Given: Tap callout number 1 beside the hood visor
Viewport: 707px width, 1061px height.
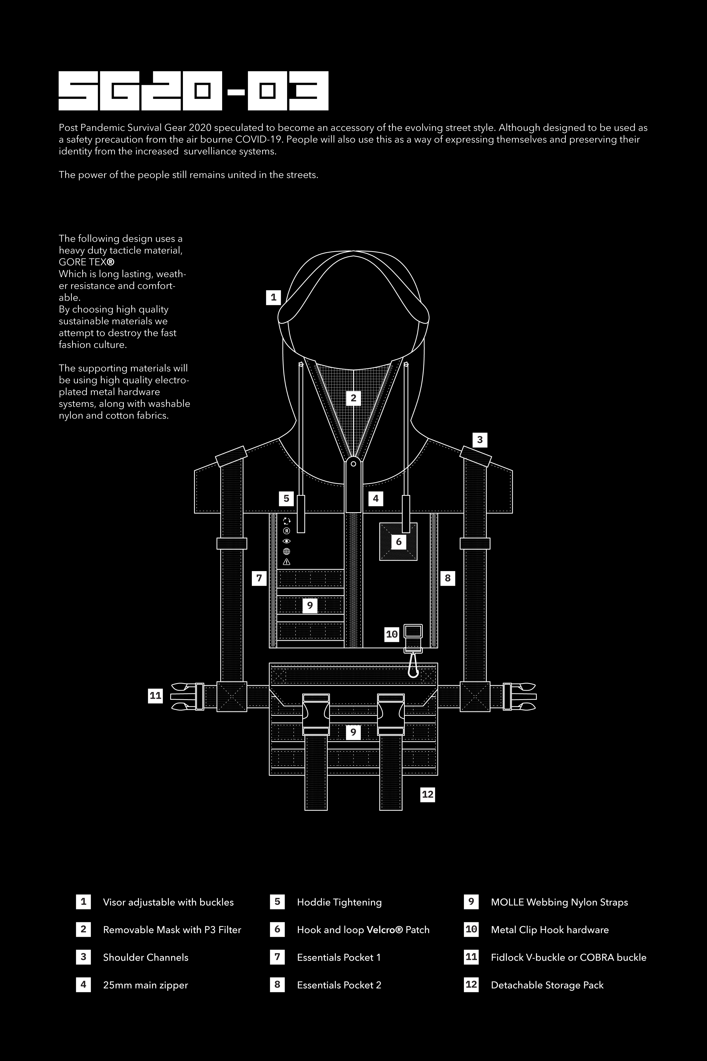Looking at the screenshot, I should click(x=273, y=297).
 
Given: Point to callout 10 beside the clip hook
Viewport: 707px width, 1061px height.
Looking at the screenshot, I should click(x=392, y=634).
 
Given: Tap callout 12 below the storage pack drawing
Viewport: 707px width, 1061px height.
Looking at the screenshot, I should click(x=427, y=794).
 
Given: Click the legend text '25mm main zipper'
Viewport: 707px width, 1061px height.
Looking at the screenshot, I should click(x=145, y=985).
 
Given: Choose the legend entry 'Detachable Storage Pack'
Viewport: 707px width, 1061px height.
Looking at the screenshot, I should click(x=547, y=985).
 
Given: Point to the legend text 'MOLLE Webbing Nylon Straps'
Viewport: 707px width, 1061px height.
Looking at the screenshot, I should click(x=559, y=902).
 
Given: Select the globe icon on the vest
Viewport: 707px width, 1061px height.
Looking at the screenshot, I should click(x=286, y=551).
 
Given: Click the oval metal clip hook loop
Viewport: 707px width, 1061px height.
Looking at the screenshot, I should click(x=412, y=667).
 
